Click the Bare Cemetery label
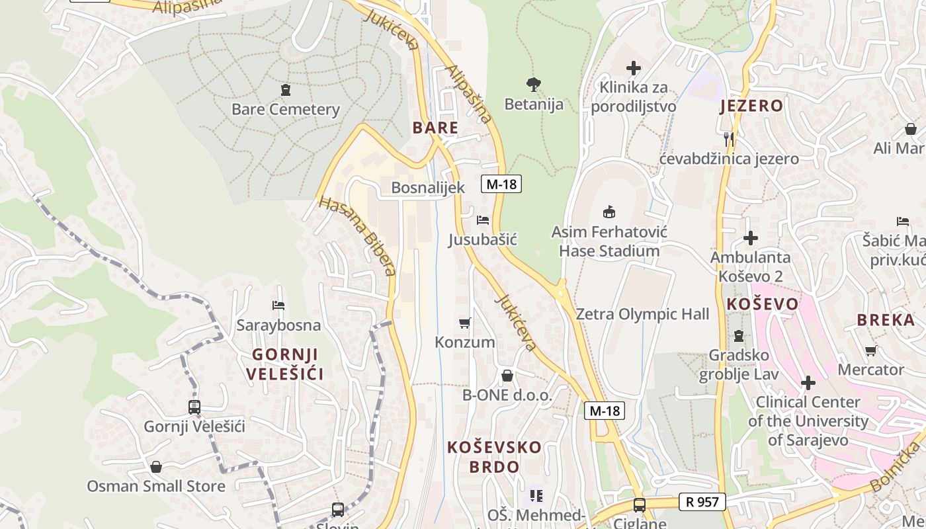click(x=285, y=109)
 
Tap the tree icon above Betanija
click(x=534, y=84)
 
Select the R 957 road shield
click(x=702, y=502)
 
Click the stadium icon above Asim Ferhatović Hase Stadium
click(x=609, y=212)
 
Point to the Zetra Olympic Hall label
click(x=642, y=314)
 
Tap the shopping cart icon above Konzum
click(x=464, y=323)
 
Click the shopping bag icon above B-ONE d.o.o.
click(x=507, y=376)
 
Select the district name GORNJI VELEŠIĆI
click(x=284, y=364)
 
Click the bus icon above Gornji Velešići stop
click(x=194, y=407)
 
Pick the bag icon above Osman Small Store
click(x=156, y=467)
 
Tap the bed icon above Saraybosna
click(x=278, y=305)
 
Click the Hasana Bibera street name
click(x=357, y=235)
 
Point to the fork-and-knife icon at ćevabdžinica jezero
click(x=729, y=139)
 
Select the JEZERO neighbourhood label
click(x=751, y=106)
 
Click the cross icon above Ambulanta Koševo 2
click(x=751, y=238)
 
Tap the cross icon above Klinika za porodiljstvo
click(x=634, y=67)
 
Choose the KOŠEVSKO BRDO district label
click(x=494, y=457)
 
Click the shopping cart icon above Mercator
click(x=870, y=350)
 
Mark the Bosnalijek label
click(x=428, y=188)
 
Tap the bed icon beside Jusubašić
click(x=483, y=220)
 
